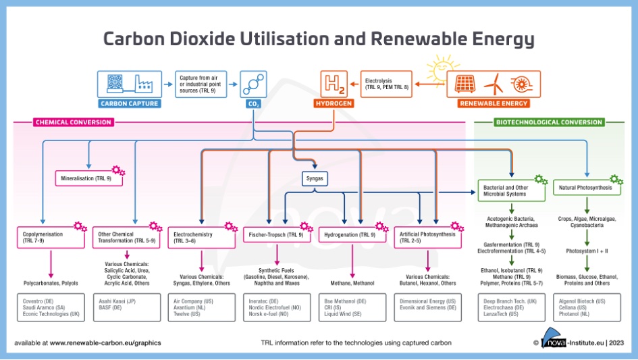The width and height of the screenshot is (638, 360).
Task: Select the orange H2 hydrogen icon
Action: pos(334,85)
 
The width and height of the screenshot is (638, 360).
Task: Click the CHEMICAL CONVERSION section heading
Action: pos(73,122)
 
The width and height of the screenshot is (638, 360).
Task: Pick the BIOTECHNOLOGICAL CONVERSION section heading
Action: pos(549,122)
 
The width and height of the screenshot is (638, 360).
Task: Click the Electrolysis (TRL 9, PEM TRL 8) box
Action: pos(386,84)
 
